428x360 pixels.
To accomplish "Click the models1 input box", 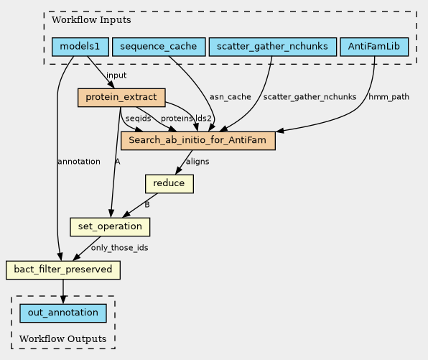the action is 80,47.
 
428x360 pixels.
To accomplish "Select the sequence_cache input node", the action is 159,47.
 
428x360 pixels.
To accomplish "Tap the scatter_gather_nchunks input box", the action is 273,47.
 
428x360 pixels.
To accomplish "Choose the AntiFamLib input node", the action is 374,47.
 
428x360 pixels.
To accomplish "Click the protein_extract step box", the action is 121,98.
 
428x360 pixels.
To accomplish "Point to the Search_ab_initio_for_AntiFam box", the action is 198,141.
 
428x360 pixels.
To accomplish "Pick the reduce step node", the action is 169,184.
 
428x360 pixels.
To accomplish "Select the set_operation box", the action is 110,227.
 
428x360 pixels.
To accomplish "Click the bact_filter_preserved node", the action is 63,270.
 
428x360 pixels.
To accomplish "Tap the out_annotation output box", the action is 63,313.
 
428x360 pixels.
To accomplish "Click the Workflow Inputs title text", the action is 91,20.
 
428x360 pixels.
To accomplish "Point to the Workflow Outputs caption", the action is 62,339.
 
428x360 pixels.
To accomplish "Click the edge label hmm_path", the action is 389,97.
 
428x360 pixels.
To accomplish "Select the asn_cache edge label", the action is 231,97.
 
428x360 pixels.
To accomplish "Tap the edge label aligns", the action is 197,162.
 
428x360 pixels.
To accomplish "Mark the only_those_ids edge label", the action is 119,248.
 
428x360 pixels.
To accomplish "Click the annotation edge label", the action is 79,162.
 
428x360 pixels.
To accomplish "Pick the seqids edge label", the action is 138,119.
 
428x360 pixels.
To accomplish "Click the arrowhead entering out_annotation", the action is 63,300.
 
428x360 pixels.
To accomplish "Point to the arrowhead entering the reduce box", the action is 178,170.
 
